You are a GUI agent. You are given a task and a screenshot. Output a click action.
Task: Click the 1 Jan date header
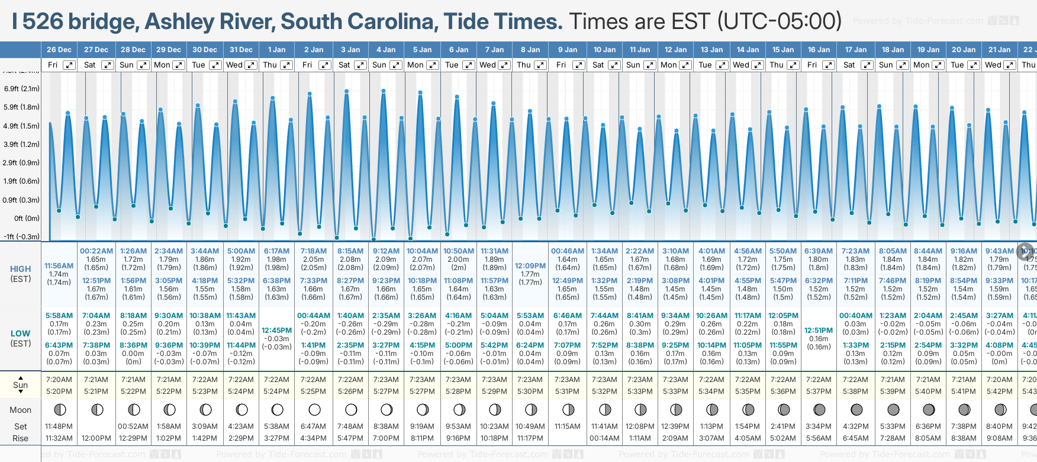click(x=276, y=50)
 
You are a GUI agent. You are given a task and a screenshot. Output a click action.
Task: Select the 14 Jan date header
click(x=748, y=50)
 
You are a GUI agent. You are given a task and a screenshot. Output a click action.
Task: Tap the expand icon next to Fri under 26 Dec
click(x=69, y=65)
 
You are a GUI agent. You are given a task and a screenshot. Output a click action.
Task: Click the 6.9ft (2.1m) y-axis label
click(x=22, y=89)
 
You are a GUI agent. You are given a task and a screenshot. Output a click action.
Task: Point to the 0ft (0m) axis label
click(x=27, y=219)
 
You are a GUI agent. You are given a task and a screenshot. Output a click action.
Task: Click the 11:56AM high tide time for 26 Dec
click(x=59, y=266)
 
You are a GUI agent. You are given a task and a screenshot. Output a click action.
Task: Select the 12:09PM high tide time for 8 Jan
click(x=530, y=266)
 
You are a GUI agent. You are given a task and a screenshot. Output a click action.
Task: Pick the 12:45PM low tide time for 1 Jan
click(x=276, y=331)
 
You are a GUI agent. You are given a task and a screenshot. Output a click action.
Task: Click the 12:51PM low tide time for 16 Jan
click(x=819, y=331)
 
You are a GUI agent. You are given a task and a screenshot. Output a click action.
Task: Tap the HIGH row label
click(x=21, y=269)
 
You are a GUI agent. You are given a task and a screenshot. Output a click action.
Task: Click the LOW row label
click(x=21, y=333)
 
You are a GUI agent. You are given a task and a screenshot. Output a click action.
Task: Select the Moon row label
click(x=21, y=410)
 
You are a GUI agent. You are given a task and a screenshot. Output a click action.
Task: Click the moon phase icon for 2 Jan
click(x=314, y=409)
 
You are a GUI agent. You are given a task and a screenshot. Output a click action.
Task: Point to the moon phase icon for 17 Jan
click(x=856, y=409)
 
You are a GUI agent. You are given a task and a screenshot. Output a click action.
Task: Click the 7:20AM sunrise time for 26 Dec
click(x=59, y=380)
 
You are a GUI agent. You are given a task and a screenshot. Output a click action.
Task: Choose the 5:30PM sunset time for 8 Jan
click(x=530, y=392)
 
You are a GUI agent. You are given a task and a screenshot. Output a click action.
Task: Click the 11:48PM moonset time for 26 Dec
click(x=59, y=426)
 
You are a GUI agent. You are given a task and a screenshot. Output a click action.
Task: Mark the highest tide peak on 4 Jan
click(x=384, y=91)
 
